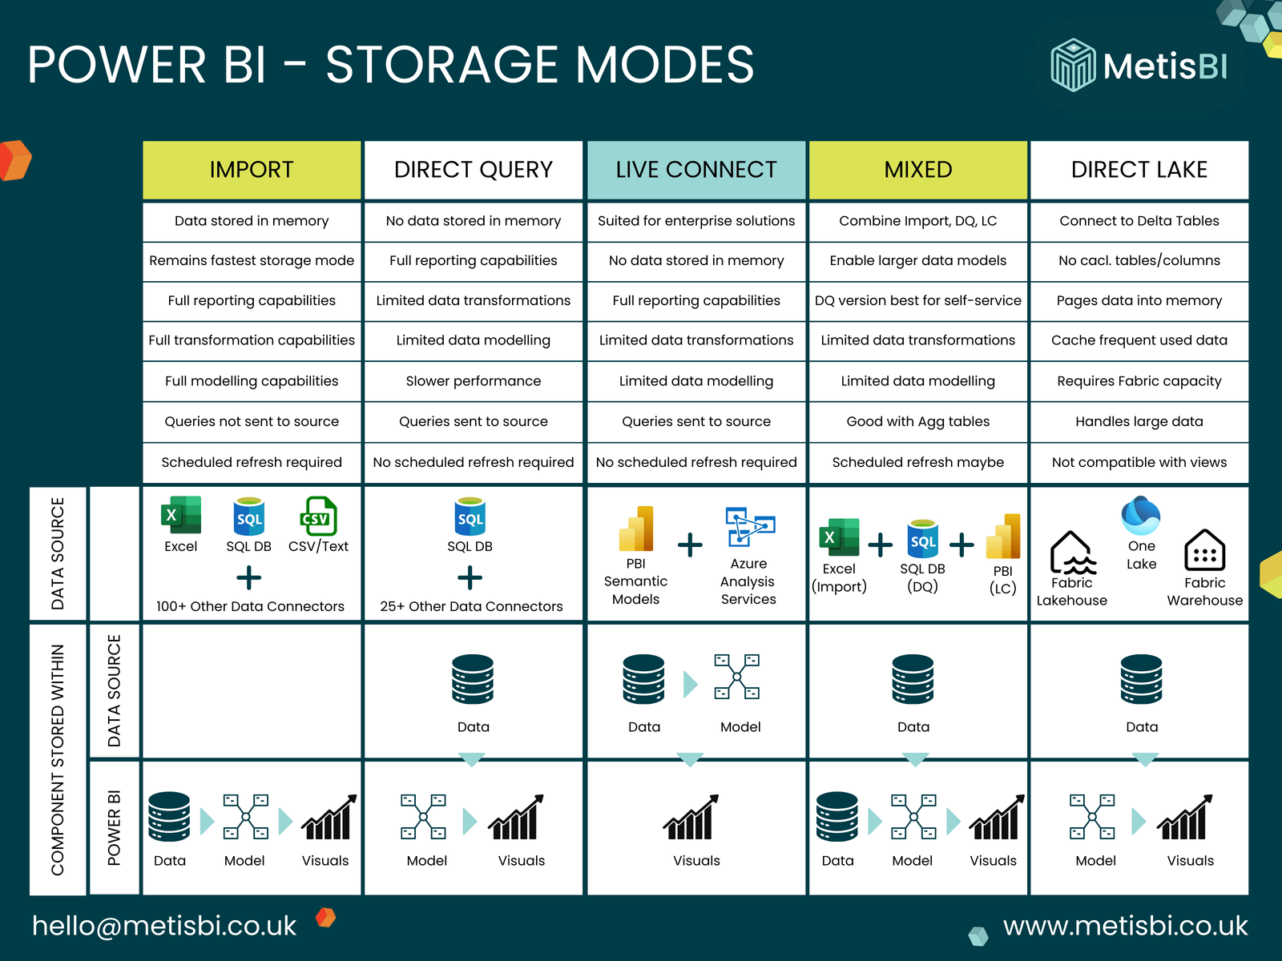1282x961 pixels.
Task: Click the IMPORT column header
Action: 252,170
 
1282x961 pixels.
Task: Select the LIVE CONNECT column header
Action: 695,170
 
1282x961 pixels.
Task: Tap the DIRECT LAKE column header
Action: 1139,170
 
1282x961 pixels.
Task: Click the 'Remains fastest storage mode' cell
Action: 252,260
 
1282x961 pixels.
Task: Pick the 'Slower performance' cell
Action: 473,381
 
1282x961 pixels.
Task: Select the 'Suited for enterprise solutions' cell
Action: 695,221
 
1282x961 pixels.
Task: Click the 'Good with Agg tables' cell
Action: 917,421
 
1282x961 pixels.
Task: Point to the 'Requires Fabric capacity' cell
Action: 1139,381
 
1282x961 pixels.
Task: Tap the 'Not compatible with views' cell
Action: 1139,462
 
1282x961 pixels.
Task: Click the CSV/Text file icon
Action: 317,517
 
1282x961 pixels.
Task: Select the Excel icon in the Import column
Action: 181,515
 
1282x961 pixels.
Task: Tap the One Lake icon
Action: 1141,515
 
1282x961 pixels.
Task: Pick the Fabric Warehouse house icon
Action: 1204,550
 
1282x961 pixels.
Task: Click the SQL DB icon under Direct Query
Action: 470,517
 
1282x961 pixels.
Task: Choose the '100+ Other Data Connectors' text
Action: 250,606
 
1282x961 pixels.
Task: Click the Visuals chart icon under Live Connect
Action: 691,818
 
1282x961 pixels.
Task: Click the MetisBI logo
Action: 1139,66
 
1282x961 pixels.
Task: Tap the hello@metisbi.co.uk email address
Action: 164,926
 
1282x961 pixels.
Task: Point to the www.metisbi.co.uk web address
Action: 1125,926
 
